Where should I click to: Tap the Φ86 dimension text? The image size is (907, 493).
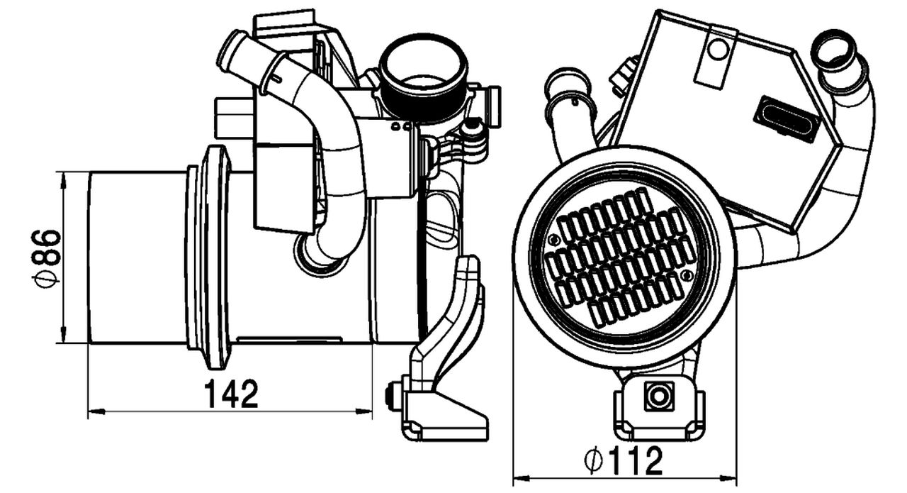[x=47, y=257]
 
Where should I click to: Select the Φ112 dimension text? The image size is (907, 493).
[x=624, y=462]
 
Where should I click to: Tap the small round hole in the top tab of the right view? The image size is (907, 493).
[x=718, y=49]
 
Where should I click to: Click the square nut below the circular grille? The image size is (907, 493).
[x=659, y=395]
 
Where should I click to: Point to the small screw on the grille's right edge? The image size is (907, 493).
[x=685, y=275]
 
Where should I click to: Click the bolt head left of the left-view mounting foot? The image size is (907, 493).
[x=390, y=396]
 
